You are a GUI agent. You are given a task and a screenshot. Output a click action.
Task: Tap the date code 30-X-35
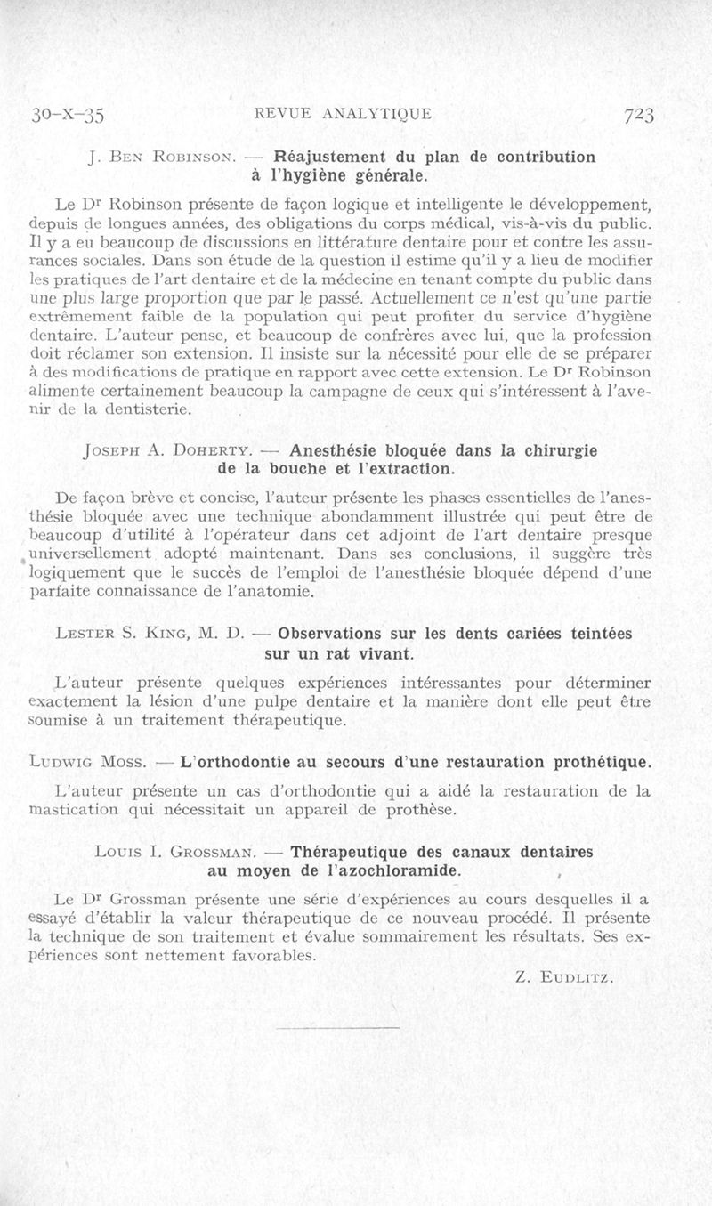pos(69,115)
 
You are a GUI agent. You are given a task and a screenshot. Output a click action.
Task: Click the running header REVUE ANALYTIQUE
pos(343,114)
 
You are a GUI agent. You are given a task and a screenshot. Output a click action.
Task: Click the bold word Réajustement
pos(328,157)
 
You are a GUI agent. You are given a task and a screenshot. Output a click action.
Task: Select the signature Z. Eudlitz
pos(564,976)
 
